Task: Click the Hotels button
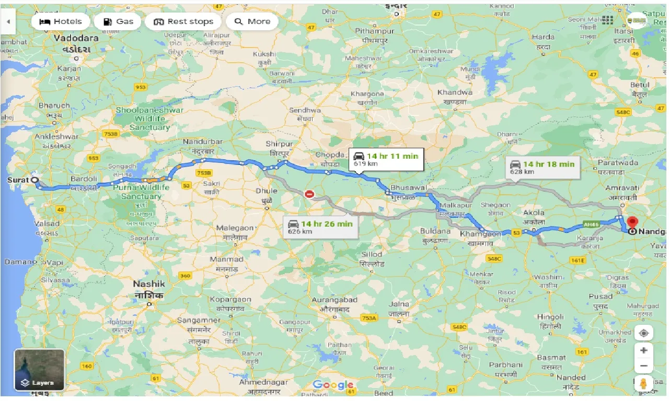coord(61,21)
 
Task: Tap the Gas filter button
coord(118,21)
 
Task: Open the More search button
coord(252,21)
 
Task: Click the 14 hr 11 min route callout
coord(386,159)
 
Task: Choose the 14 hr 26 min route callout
coord(320,227)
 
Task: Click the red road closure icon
coord(309,194)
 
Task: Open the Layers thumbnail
coord(40,370)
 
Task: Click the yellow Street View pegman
coord(643,383)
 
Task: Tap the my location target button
coord(643,333)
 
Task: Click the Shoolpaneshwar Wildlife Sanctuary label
coord(149,119)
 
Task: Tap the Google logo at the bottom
coord(333,385)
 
